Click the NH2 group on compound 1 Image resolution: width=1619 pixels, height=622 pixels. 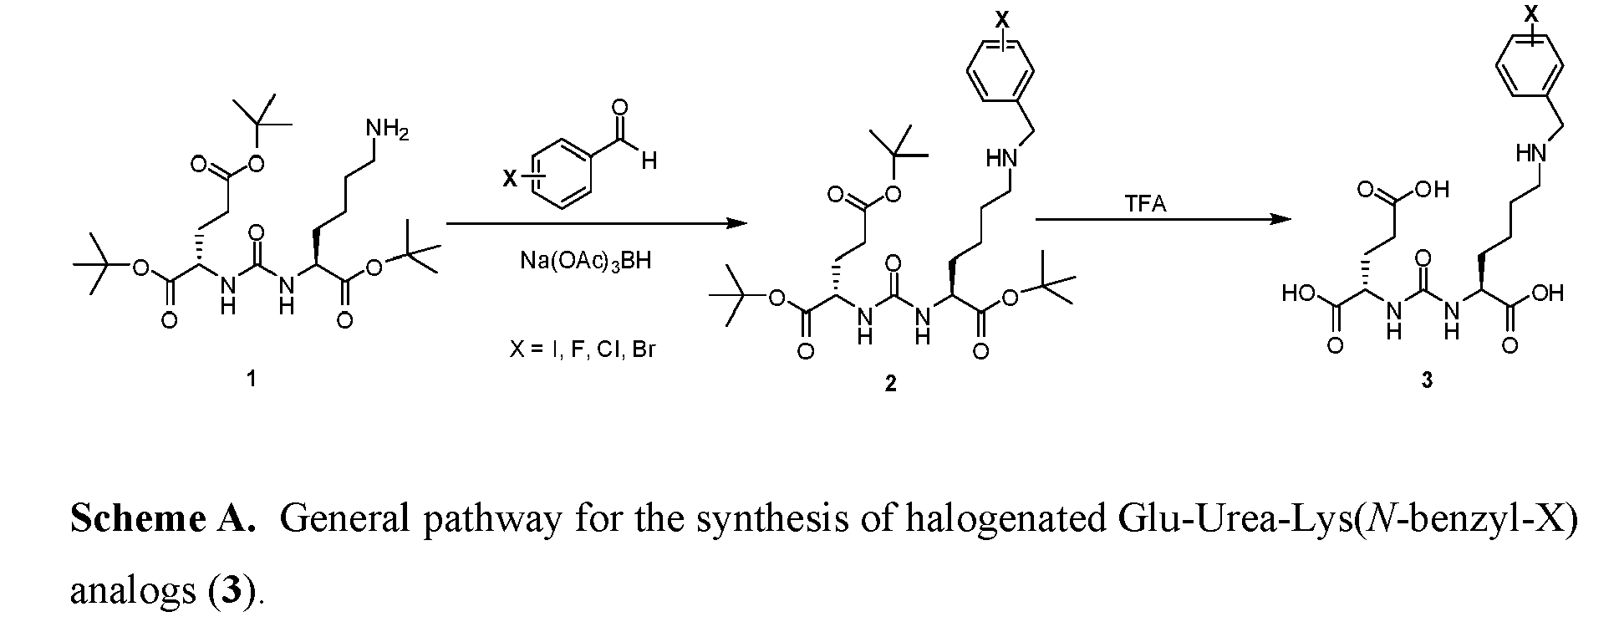point(385,130)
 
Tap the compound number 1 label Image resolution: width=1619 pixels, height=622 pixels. point(251,379)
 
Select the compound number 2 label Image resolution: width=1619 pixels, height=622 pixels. point(890,384)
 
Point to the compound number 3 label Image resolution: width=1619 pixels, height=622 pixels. point(1427,380)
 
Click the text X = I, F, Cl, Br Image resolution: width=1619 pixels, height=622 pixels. point(583,349)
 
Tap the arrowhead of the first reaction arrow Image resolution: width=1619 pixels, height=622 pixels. point(736,223)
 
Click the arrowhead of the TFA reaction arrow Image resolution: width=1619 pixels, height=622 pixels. point(1280,219)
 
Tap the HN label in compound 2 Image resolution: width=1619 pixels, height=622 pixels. point(1000,159)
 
